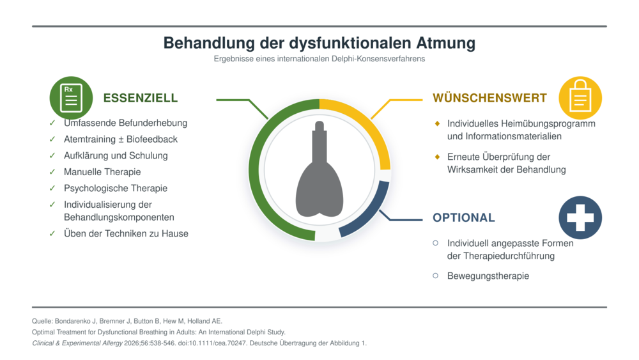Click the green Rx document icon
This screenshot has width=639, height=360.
click(x=72, y=98)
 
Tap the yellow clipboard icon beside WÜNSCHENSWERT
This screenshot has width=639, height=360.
click(x=580, y=98)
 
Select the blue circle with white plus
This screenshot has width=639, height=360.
click(x=580, y=217)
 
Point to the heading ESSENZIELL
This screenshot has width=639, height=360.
click(x=141, y=98)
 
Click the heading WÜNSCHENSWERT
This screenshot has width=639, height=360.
click(x=489, y=98)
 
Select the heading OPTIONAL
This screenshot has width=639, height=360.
click(x=464, y=217)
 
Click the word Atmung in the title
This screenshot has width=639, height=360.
click(x=446, y=43)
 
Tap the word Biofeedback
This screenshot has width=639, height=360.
click(x=152, y=139)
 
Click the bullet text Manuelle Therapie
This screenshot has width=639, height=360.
click(x=102, y=172)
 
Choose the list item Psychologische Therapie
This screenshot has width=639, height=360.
click(x=116, y=189)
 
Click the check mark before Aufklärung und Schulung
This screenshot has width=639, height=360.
click(x=52, y=155)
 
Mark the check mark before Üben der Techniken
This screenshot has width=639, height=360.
click(x=52, y=233)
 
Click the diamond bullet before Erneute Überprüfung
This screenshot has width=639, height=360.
click(x=437, y=157)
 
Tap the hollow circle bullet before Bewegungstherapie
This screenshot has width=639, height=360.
click(x=436, y=276)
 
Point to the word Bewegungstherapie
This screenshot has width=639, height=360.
click(x=488, y=276)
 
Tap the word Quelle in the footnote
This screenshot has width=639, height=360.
click(x=42, y=321)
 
